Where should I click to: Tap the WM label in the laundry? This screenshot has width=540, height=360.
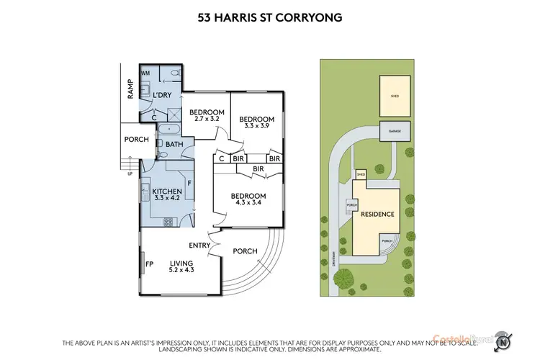point(145,73)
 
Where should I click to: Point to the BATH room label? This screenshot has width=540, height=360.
point(175,144)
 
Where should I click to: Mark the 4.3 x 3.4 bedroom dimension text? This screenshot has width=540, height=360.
point(248,204)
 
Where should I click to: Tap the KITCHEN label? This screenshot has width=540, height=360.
point(167,191)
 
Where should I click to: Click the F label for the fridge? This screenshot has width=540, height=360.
point(189,184)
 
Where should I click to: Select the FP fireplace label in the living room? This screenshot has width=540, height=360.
point(150,264)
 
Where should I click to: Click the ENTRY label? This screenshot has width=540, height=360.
point(199,246)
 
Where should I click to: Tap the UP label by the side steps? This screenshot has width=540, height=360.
point(129,174)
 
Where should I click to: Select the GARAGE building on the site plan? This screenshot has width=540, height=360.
point(395,132)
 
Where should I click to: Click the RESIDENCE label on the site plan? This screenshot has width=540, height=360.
point(377,215)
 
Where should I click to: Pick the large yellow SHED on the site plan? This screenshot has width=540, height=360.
point(395,94)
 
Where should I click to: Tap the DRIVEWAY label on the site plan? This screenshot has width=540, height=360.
point(336,256)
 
